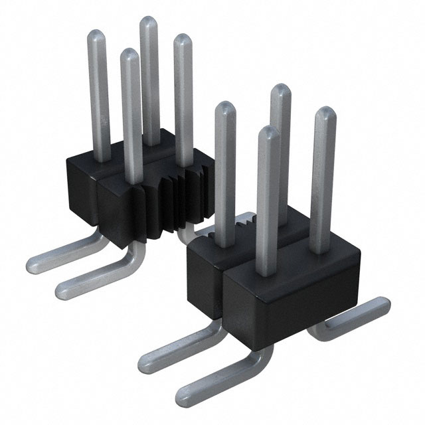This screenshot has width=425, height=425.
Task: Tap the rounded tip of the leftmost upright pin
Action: pyautogui.click(x=96, y=37)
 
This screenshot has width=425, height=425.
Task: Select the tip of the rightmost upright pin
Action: pyautogui.click(x=325, y=112)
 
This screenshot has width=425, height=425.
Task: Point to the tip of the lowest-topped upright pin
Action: pyautogui.click(x=268, y=131)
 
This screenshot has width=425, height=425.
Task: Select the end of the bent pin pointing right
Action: pyautogui.click(x=382, y=305)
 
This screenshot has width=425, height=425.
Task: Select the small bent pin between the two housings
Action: pyautogui.click(x=183, y=232)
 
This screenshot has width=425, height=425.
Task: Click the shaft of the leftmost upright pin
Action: pyautogui.click(x=100, y=100)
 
